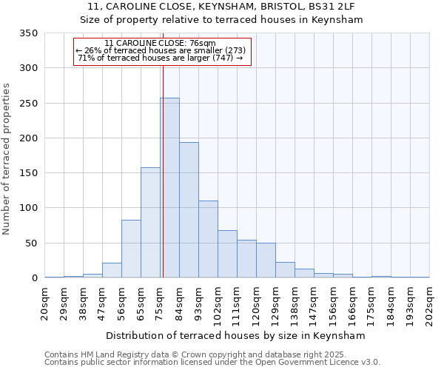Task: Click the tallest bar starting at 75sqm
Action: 169,188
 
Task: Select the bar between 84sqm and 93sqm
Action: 189,210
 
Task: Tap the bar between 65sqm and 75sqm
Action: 150,223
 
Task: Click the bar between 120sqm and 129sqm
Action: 266,260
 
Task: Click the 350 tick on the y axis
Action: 28,33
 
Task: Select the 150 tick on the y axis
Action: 28,173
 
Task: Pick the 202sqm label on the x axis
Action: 429,303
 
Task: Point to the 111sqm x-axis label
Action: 238,303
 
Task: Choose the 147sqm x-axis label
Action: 314,303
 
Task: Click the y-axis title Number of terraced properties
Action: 7,158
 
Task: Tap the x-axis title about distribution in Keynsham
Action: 237,335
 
